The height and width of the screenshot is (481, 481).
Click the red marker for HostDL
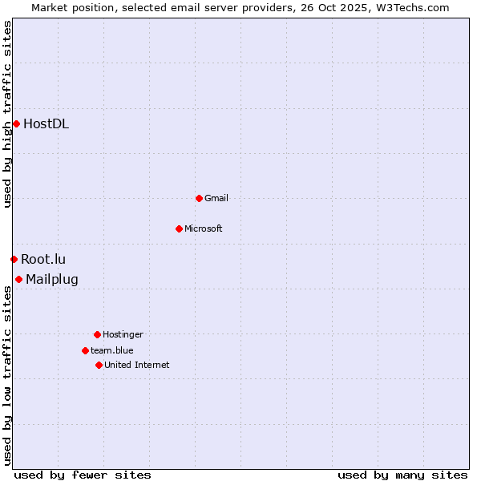[16, 123]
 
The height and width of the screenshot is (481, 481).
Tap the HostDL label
[46, 123]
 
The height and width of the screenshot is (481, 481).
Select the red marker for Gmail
[199, 198]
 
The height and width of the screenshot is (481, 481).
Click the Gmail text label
[216, 198]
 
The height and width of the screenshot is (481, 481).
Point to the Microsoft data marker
[179, 228]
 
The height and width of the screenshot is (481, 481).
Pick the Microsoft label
[204, 228]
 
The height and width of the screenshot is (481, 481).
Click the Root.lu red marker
[14, 259]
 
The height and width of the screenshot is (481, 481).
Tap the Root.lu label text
[43, 259]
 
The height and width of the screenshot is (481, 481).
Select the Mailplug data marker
[18, 279]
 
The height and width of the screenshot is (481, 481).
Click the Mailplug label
[52, 279]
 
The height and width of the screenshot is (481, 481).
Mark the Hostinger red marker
[97, 334]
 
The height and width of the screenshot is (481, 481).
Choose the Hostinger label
[123, 334]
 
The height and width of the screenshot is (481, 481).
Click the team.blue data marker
[85, 350]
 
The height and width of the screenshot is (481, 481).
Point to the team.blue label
[112, 350]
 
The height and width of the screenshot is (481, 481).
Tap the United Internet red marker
[99, 365]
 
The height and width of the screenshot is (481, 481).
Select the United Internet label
[137, 365]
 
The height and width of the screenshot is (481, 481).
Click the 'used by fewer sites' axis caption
[83, 475]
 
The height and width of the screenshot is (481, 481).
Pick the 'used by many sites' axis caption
[402, 475]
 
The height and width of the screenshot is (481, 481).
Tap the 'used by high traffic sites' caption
[7, 114]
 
